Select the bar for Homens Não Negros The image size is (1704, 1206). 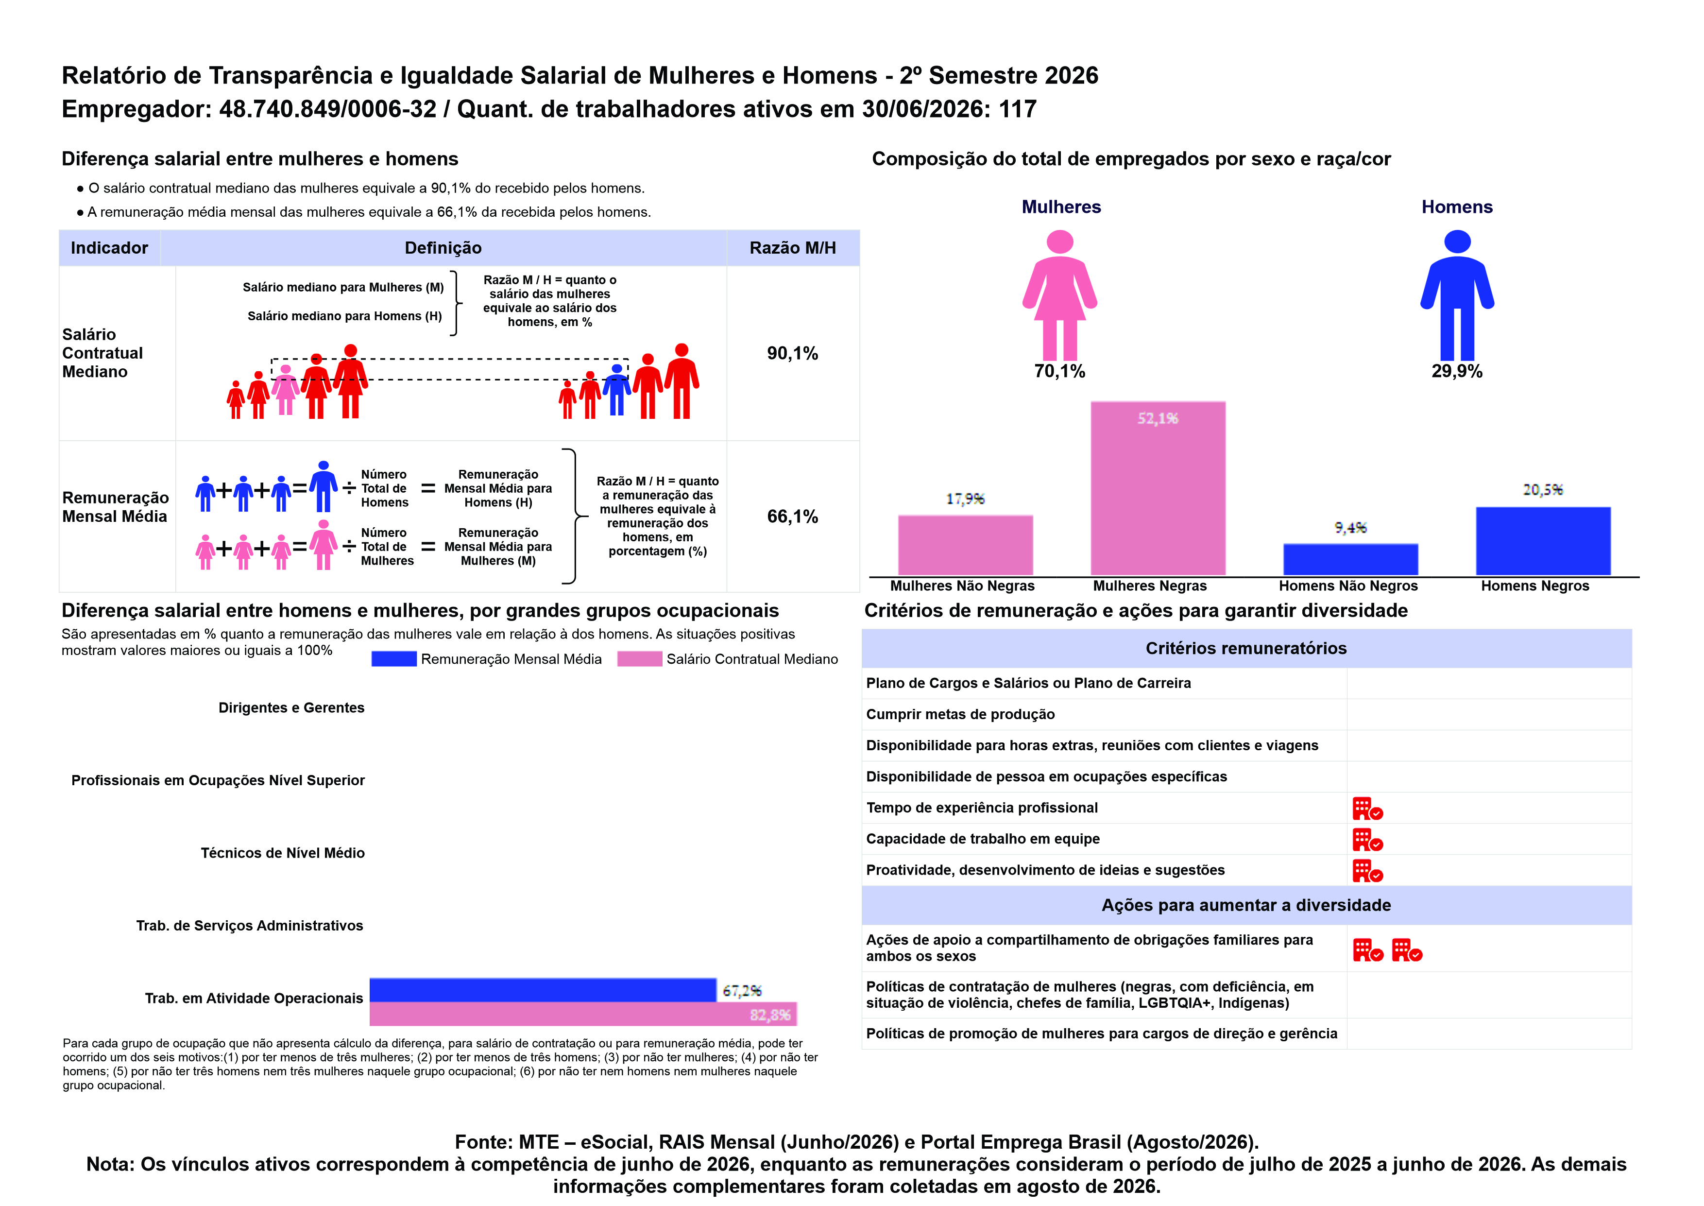pos(1351,559)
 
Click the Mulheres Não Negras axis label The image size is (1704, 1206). pos(963,586)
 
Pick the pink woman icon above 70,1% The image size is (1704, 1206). pos(1060,295)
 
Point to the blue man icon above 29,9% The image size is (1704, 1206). pos(1458,295)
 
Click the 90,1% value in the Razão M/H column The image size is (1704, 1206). pos(793,353)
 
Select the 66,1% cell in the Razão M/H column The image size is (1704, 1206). pos(793,517)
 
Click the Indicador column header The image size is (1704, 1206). pos(109,248)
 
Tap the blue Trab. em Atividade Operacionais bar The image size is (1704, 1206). pos(543,990)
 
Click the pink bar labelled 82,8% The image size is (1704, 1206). pos(583,1014)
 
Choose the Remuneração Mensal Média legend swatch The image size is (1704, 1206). pos(394,659)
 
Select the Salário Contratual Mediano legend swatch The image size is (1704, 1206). pos(640,659)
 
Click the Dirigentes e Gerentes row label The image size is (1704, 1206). pos(291,707)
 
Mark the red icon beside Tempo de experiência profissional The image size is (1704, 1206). pos(1368,809)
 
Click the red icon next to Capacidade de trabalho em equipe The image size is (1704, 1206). pos(1368,840)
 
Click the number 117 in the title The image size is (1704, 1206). pos(1018,109)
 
